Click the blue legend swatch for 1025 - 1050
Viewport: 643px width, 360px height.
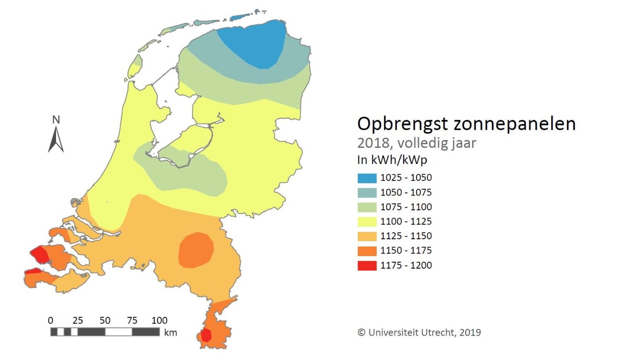click(x=367, y=178)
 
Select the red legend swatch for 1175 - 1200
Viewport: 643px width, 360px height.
click(x=367, y=265)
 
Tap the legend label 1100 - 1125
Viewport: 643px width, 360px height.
click(x=406, y=222)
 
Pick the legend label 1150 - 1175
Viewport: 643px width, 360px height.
click(x=406, y=251)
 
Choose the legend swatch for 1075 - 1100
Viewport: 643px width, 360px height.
click(x=367, y=207)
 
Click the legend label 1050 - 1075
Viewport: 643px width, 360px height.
click(x=406, y=192)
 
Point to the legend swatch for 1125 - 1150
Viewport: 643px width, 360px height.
click(x=367, y=236)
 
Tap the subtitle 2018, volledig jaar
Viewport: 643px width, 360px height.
click(x=417, y=143)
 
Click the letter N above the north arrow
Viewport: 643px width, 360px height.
click(x=56, y=120)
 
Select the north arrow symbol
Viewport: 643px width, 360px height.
click(x=56, y=140)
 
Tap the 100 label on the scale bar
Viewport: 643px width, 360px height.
click(x=159, y=320)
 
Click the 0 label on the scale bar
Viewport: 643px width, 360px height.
click(x=51, y=320)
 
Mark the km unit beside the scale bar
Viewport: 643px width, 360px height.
click(x=170, y=332)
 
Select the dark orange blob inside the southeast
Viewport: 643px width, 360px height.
click(x=196, y=250)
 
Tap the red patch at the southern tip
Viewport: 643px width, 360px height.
click(x=206, y=335)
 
